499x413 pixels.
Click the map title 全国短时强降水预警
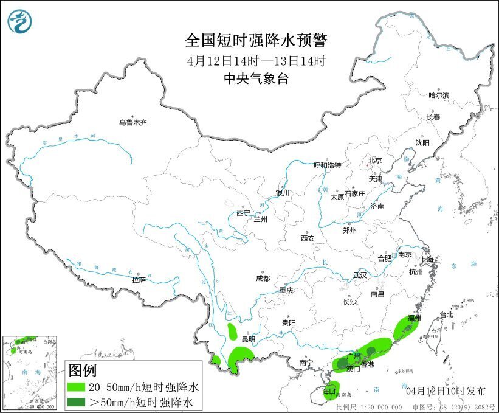(256, 41)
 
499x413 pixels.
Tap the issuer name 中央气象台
(255, 78)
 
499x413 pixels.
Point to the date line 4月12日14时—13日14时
(256, 60)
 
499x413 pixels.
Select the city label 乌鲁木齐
(132, 122)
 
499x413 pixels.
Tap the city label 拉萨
(139, 280)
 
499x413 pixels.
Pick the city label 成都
(263, 278)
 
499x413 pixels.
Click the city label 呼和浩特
(327, 165)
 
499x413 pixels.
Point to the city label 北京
(374, 161)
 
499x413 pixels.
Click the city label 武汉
(360, 275)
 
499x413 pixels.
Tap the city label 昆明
(249, 339)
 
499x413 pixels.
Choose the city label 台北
(447, 315)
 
